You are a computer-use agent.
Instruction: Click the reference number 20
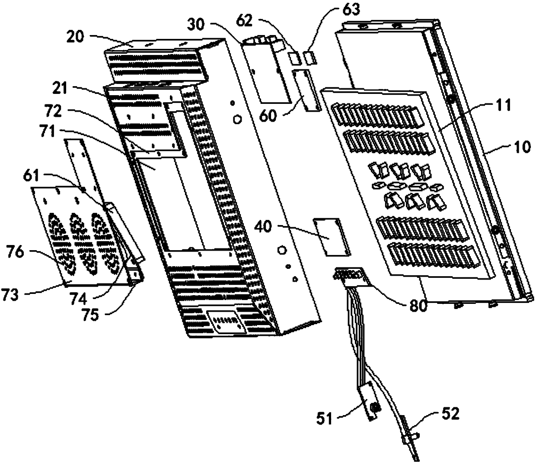point(75,36)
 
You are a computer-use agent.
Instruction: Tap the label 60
point(269,116)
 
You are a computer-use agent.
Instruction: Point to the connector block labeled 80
point(348,274)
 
